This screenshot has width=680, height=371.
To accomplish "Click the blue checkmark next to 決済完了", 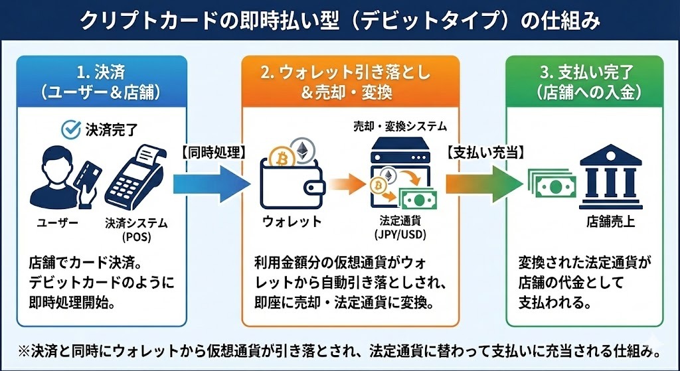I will [x=70, y=129].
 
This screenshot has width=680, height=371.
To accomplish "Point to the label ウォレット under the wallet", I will [x=293, y=221].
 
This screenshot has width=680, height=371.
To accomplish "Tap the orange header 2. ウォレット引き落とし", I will [x=350, y=82].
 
